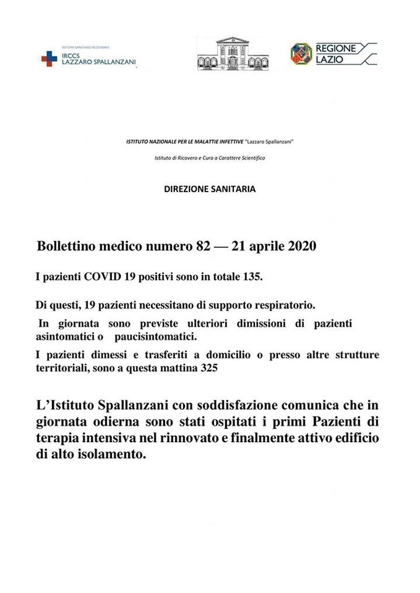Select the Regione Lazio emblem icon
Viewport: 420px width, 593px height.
point(301,54)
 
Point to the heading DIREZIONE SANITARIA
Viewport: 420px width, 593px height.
point(209,189)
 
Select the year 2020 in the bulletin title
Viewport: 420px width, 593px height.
point(302,246)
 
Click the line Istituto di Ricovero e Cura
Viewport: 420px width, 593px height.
point(209,158)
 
